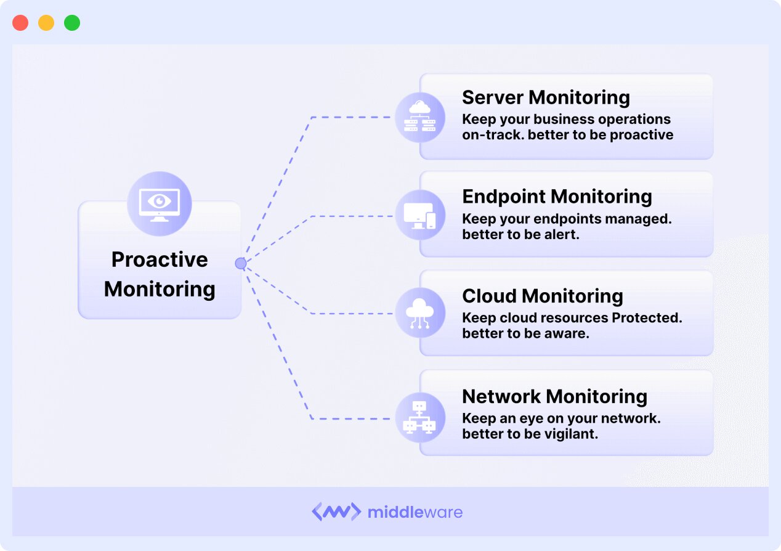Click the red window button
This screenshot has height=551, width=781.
(x=20, y=23)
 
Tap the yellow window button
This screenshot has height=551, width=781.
(x=46, y=23)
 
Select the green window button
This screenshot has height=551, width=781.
(x=72, y=23)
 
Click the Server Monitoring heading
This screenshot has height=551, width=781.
(x=546, y=97)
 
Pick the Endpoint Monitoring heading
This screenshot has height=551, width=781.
(x=557, y=197)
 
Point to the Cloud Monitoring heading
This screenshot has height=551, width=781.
(x=542, y=296)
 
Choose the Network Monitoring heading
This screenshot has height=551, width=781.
(x=554, y=396)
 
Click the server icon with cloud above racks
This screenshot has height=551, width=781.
(x=419, y=117)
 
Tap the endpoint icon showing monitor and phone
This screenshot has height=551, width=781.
(x=419, y=216)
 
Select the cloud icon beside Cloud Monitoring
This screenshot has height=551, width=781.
(x=419, y=313)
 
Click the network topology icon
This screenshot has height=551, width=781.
(x=419, y=417)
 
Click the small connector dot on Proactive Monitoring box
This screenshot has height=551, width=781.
(x=241, y=264)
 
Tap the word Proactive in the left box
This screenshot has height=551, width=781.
(x=160, y=259)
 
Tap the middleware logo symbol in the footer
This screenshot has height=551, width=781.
(x=336, y=512)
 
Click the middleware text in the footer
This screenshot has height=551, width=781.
(x=415, y=512)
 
